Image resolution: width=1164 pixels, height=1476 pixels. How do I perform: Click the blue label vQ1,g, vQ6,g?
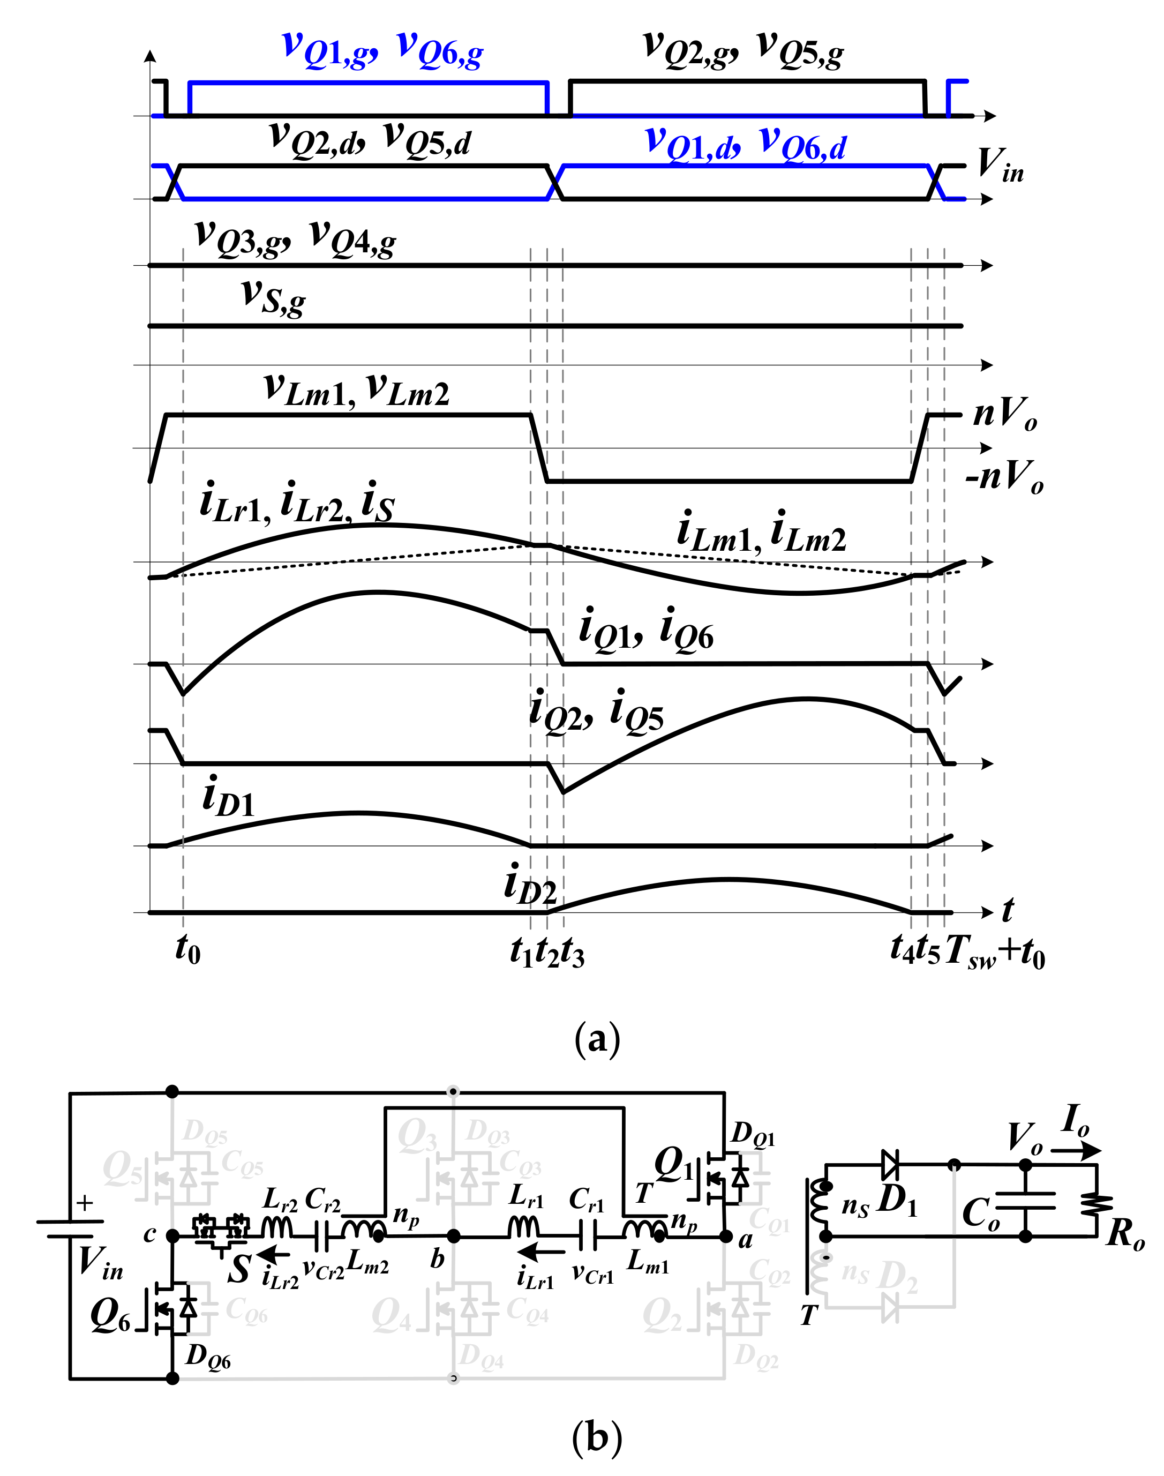[x=382, y=49]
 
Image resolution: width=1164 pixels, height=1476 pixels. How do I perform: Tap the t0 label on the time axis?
[x=187, y=949]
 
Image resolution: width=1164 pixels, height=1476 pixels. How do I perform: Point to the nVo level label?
[x=1005, y=414]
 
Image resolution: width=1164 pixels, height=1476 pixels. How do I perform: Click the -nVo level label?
[x=1004, y=477]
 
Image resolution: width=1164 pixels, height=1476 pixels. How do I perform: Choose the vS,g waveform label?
[x=273, y=297]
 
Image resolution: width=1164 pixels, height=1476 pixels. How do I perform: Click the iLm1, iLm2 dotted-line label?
[x=761, y=533]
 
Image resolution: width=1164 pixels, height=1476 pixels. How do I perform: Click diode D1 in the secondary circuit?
[x=890, y=1165]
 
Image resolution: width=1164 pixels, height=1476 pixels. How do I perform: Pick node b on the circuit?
[x=453, y=1236]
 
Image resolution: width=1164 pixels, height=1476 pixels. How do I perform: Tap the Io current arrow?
[x=1076, y=1150]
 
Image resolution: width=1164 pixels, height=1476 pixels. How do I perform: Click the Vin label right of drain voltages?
[x=1000, y=166]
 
